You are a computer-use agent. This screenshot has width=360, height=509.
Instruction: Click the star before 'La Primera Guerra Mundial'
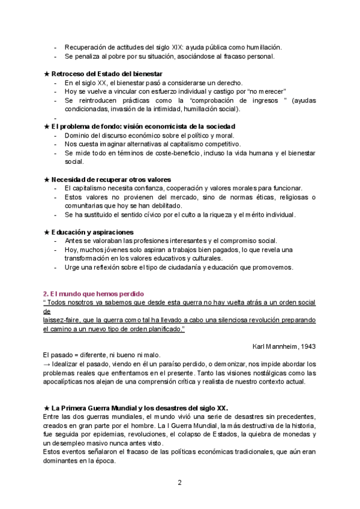click(x=47, y=408)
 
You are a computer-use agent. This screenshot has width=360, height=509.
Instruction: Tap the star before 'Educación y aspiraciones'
click(x=47, y=232)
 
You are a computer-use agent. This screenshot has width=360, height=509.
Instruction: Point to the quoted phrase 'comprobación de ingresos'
click(x=224, y=100)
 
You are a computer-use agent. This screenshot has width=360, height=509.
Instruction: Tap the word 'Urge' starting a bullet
click(x=72, y=267)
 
